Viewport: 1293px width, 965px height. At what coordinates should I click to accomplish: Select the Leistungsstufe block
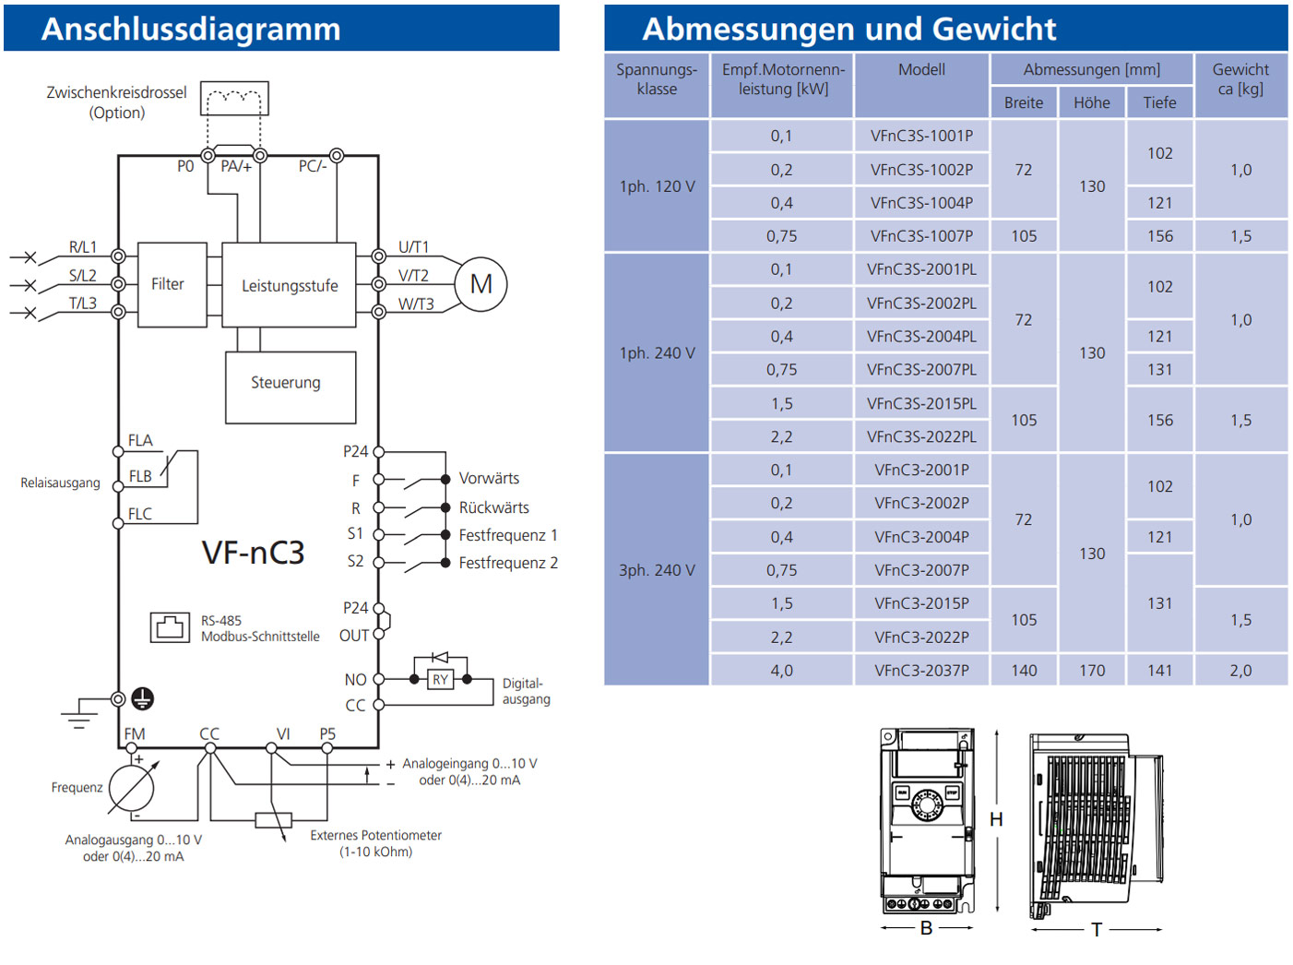[x=289, y=285]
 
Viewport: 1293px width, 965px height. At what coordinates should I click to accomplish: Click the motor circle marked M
[x=480, y=284]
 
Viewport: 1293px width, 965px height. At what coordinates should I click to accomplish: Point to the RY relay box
[x=441, y=680]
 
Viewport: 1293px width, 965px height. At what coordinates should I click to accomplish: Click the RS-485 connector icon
[x=170, y=627]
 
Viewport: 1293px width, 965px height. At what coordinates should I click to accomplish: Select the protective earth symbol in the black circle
[x=142, y=698]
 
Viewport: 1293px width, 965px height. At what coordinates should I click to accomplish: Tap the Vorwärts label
[x=489, y=479]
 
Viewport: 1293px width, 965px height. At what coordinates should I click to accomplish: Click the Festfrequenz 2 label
[x=507, y=563]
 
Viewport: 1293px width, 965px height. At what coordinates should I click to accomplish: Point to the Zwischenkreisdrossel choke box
[x=234, y=98]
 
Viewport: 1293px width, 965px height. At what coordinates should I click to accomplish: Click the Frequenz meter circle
[x=132, y=788]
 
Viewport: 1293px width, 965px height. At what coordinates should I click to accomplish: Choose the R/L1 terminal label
[x=82, y=247]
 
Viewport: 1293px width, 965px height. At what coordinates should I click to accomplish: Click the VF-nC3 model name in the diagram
[x=253, y=553]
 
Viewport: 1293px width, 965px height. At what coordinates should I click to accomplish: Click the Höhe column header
[x=1091, y=102]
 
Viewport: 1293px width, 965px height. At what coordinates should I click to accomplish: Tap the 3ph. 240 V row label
[x=657, y=570]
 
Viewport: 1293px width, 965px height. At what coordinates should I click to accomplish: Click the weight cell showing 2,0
[x=1240, y=671]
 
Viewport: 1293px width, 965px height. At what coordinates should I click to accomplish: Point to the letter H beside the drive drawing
[x=996, y=819]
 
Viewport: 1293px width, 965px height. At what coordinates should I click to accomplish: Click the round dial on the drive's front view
[x=926, y=804]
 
